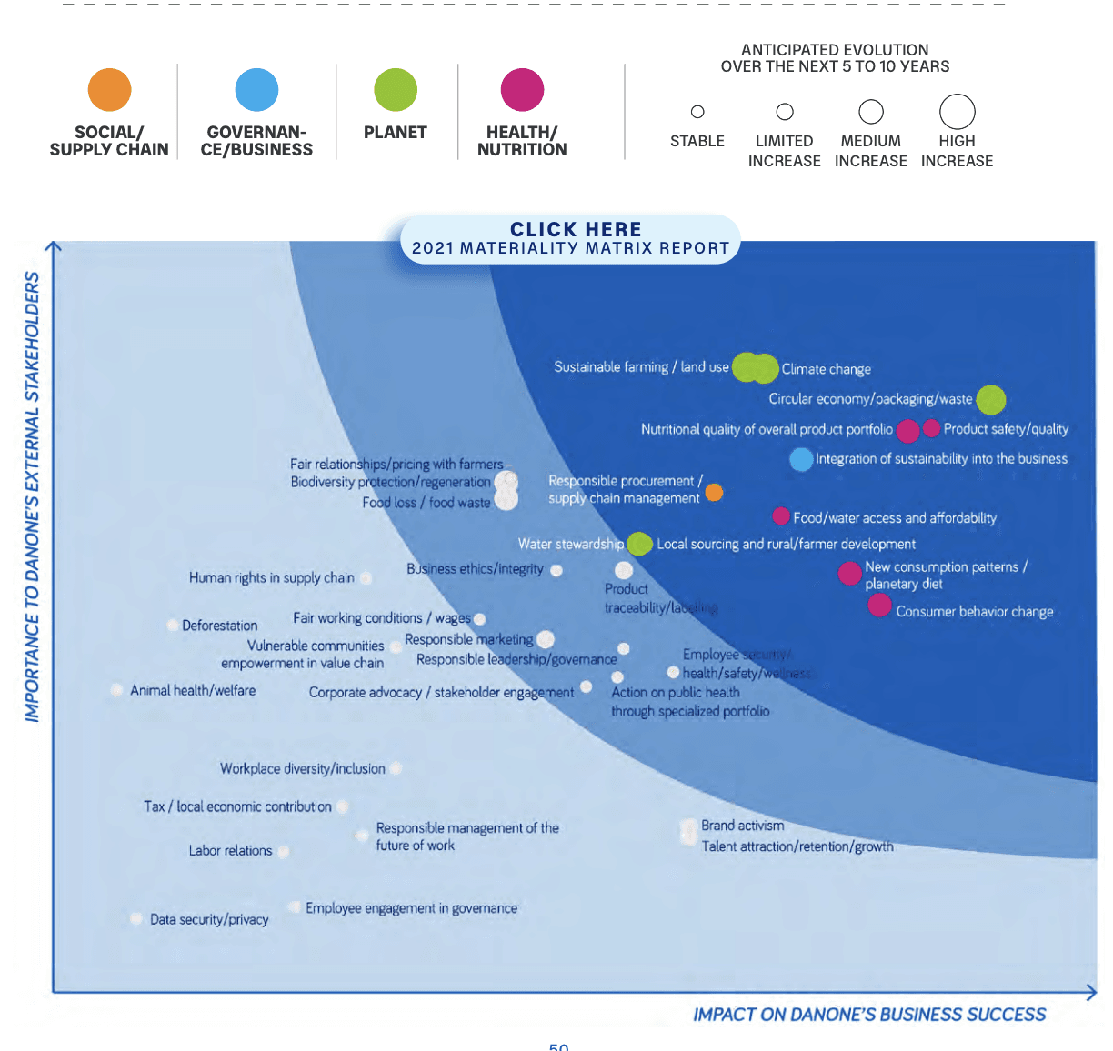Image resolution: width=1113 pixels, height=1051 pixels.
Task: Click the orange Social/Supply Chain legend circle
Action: (109, 90)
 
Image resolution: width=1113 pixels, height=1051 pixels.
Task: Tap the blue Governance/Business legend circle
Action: (256, 90)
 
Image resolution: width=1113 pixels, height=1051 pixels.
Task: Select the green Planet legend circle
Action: (396, 90)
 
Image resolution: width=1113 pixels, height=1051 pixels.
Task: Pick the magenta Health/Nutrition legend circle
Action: (522, 90)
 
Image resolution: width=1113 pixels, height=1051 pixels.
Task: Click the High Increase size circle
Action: (957, 112)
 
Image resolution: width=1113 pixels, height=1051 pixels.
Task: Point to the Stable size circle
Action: (697, 112)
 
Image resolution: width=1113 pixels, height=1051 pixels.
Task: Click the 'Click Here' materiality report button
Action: (571, 238)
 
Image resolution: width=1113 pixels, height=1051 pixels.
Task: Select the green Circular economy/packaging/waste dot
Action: (990, 399)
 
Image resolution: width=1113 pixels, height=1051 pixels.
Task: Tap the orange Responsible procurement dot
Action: (714, 492)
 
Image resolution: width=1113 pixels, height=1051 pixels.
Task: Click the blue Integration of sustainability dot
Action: (801, 459)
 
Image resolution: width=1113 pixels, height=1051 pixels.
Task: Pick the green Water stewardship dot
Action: (639, 544)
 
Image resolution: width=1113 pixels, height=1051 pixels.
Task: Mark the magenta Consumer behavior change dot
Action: (879, 605)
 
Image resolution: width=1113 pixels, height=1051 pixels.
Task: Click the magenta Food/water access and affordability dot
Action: (780, 516)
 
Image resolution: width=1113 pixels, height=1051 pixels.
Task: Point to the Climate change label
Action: (826, 369)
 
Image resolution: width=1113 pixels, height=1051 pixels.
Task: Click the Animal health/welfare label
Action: (193, 691)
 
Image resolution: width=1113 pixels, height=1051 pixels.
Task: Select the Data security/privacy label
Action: (209, 919)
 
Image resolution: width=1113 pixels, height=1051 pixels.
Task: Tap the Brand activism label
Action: (742, 826)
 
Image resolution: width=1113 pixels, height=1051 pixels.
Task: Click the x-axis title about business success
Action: (869, 1015)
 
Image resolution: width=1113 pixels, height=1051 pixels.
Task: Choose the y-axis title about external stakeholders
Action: (33, 496)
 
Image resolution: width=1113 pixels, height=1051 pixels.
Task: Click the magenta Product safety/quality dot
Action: (931, 428)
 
